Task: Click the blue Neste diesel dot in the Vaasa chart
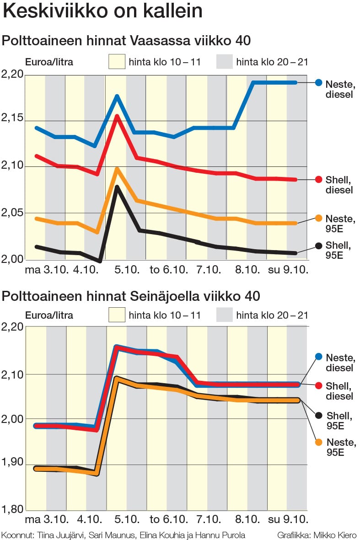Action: [319, 83]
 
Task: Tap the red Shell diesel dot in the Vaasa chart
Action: [319, 179]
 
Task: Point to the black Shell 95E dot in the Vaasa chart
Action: [319, 246]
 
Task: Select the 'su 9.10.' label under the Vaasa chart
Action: [288, 270]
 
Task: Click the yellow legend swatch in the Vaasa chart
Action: [117, 61]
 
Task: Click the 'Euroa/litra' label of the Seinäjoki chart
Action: [49, 315]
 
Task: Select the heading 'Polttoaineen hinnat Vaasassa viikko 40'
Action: [127, 41]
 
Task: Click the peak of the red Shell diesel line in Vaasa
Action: [117, 116]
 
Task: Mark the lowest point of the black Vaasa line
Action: [100, 261]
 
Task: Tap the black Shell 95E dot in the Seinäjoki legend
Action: [319, 416]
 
